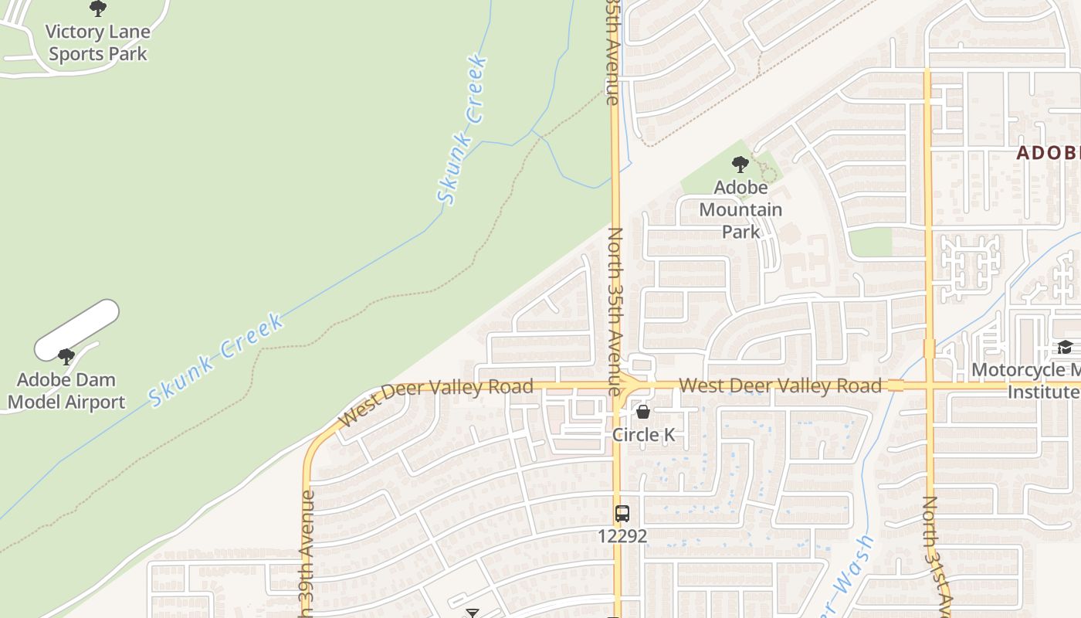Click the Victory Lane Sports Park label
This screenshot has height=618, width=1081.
pos(98,43)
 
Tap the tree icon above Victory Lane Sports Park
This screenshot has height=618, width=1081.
pos(98,8)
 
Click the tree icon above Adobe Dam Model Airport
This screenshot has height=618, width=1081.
pos(66,356)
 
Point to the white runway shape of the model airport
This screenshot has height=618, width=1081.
pos(77,331)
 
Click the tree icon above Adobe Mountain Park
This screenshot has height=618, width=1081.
pos(740,164)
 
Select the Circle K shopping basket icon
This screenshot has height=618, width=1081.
pos(643,412)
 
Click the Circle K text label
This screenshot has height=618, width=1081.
pos(643,435)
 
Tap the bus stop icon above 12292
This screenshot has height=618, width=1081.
pos(622,513)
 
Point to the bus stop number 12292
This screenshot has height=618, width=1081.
pos(622,535)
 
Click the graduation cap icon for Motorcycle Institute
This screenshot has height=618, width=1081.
pos(1066,348)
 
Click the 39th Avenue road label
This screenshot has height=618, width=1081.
pos(307,552)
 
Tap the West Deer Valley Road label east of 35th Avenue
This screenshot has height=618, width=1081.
pos(780,385)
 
